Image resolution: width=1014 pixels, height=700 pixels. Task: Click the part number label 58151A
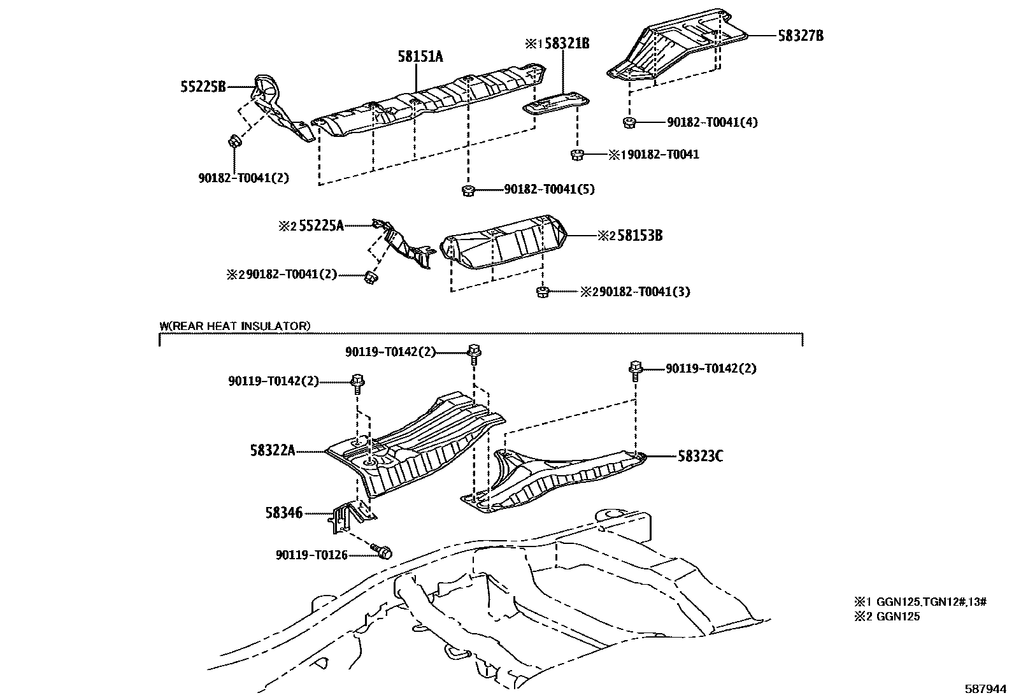[420, 57]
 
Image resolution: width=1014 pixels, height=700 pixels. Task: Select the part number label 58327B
[800, 36]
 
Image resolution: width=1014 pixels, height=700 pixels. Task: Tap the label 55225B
[203, 87]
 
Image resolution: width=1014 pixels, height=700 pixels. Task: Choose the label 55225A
[321, 225]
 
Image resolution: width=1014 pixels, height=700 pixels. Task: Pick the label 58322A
[273, 451]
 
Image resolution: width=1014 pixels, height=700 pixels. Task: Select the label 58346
[284, 513]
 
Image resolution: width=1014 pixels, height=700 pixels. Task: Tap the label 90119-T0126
[311, 555]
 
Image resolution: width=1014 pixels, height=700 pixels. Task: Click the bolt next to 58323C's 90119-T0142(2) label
[635, 369]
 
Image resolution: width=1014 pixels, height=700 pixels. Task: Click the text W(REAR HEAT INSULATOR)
[234, 326]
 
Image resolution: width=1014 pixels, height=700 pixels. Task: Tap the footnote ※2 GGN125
[887, 617]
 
